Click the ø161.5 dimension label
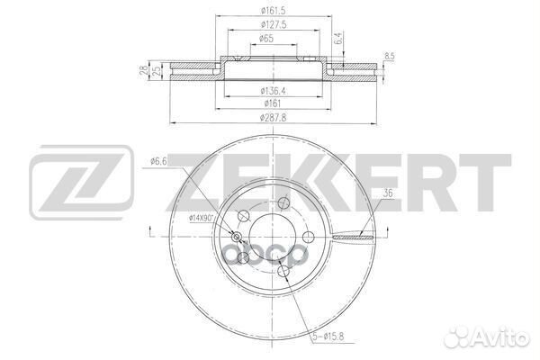click(x=273, y=11)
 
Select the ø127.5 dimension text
click(x=274, y=25)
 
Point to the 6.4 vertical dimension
click(x=339, y=38)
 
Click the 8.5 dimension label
click(x=390, y=57)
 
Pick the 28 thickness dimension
click(x=143, y=71)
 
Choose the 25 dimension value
click(x=156, y=71)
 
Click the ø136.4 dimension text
click(x=274, y=91)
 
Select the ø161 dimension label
click(x=272, y=103)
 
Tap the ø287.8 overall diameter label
click(x=273, y=118)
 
